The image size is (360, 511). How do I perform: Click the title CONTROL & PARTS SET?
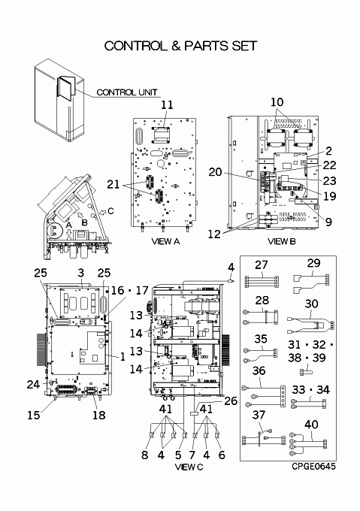[x=180, y=46]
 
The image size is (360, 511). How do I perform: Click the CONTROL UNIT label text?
[x=127, y=92]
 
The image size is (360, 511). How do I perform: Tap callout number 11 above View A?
[x=167, y=105]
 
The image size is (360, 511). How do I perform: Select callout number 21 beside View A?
[x=113, y=184]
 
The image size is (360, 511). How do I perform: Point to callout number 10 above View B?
[x=277, y=102]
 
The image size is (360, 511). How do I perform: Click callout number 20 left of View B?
[x=215, y=172]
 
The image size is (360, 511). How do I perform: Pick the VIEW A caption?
[x=165, y=241]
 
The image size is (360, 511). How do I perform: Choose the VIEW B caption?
[x=282, y=241]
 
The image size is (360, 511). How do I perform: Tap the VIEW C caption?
[x=189, y=467]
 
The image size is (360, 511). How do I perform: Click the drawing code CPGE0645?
[x=313, y=467]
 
